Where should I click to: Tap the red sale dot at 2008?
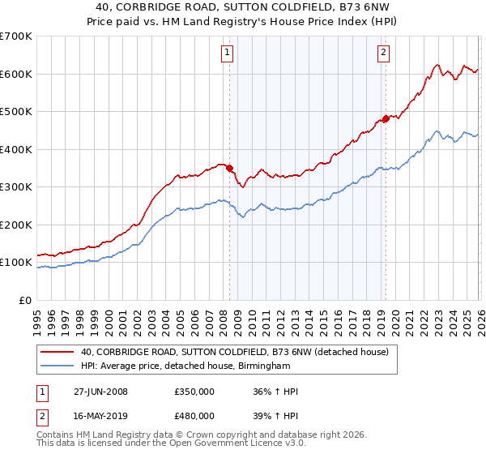pos(229,168)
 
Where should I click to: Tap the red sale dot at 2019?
pos(386,118)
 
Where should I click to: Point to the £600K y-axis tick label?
pos(16,74)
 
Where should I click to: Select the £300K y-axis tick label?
pos(16,187)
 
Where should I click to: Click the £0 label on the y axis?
pos(24,301)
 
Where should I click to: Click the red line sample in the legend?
pos(57,352)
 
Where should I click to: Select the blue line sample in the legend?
pos(57,366)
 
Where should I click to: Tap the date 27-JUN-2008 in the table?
pos(100,392)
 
